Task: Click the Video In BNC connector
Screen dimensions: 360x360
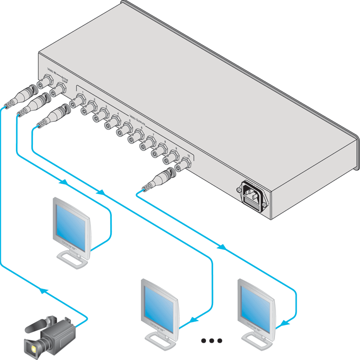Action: pos(47,80)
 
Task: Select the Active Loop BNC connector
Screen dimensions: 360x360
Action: pos(60,89)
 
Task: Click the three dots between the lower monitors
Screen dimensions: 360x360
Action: pos(212,341)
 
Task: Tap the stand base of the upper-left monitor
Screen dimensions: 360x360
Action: pos(73,259)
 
